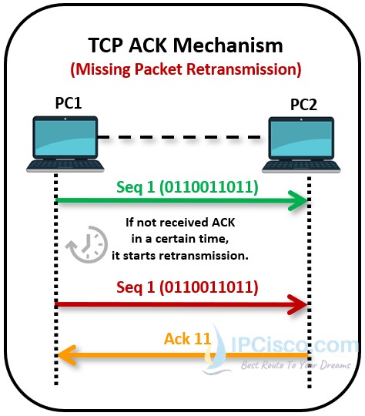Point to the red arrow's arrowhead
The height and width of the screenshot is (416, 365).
coord(296,305)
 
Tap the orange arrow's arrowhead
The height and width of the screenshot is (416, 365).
coord(69,355)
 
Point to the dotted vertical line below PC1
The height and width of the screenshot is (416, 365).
coord(56,254)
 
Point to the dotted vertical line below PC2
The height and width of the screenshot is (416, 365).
coord(309,254)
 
